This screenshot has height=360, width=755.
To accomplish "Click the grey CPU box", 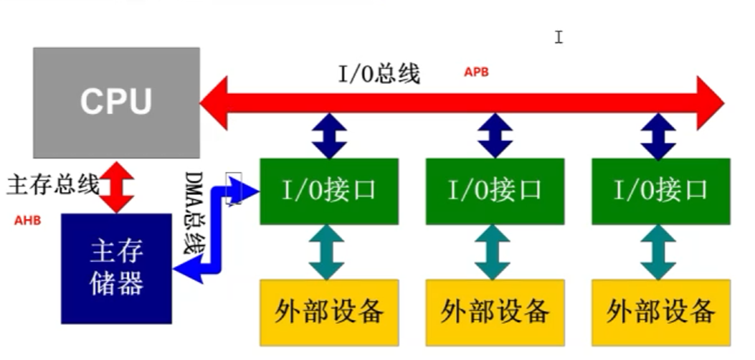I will tap(116, 103).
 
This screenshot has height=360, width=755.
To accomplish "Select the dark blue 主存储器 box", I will tap(116, 268).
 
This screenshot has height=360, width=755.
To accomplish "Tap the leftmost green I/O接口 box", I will tap(329, 191).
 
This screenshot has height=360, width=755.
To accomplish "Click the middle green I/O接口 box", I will tap(495, 191).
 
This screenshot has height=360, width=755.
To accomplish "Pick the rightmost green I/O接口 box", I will tap(660, 191).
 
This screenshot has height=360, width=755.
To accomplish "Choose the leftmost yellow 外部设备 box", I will tap(329, 312).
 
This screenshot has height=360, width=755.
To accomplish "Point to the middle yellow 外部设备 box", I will tap(495, 312).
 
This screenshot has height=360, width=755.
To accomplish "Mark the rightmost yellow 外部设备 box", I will tap(660, 312).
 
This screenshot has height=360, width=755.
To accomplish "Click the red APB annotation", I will tap(476, 72).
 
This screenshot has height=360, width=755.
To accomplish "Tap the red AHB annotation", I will tap(27, 220).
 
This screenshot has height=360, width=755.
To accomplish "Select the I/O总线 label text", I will tap(379, 74).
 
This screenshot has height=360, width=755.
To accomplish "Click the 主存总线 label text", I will tap(53, 185).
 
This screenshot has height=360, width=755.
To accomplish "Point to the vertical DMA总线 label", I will tap(193, 213).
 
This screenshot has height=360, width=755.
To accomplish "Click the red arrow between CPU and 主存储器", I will tap(117, 186).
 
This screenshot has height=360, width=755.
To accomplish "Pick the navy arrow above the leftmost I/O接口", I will tap(329, 136).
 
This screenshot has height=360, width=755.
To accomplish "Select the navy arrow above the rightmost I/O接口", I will tap(658, 136).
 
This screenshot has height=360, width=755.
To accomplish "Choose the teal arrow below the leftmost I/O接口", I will tap(327, 252).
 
